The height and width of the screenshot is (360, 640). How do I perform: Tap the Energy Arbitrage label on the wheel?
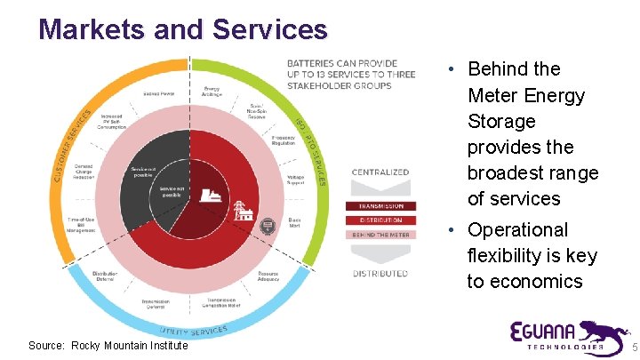(x=212, y=92)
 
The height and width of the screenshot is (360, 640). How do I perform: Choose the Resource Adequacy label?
(x=268, y=276)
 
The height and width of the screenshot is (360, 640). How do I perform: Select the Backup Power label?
(x=160, y=93)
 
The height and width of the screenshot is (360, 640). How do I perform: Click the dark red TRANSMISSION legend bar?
(x=380, y=207)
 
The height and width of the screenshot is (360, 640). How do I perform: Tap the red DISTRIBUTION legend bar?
(x=380, y=220)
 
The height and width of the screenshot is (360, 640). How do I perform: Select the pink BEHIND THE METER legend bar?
(x=380, y=235)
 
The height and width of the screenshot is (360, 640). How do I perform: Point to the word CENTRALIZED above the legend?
(x=380, y=172)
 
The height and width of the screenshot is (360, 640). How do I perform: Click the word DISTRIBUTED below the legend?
(x=380, y=274)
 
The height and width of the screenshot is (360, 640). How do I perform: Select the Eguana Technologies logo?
(x=560, y=335)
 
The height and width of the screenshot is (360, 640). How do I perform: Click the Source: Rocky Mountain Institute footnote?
(x=108, y=346)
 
